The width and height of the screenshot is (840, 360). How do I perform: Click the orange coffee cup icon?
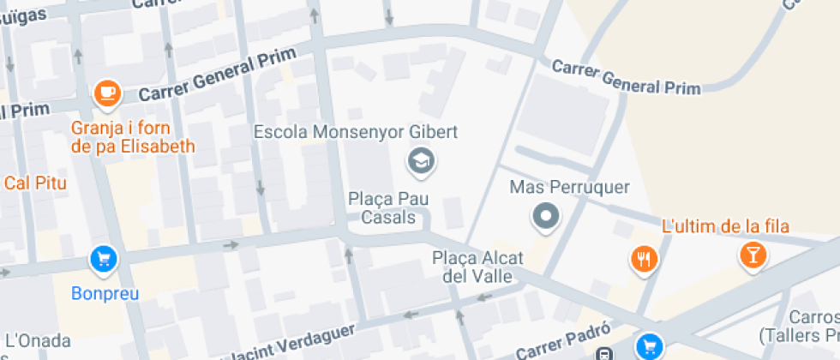click(106, 93)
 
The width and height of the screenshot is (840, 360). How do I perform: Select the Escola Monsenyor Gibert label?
click(356, 133)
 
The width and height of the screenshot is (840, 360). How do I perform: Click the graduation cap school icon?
click(420, 160)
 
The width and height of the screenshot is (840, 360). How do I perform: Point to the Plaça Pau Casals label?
click(388, 208)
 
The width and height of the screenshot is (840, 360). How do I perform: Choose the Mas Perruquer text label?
click(569, 187)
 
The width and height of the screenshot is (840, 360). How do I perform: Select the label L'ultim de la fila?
click(725, 226)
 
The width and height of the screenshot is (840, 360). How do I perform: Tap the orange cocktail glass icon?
click(753, 255)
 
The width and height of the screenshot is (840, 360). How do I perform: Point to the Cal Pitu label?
click(35, 182)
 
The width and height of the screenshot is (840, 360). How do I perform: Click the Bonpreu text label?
click(104, 294)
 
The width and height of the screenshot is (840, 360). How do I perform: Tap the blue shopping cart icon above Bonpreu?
click(104, 258)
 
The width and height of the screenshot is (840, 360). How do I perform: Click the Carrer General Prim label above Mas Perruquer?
click(626, 78)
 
